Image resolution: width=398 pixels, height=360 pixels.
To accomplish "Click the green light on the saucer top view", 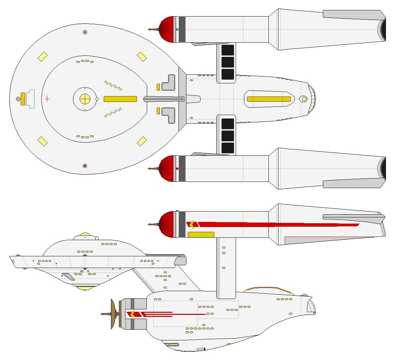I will point(85,32).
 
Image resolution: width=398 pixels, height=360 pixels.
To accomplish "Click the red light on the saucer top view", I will point(85,166).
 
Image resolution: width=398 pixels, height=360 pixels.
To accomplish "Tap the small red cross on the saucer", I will point(47,99).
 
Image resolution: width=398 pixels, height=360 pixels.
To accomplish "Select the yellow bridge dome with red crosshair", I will point(85,99).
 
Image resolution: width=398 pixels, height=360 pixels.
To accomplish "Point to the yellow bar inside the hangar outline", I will point(269,99).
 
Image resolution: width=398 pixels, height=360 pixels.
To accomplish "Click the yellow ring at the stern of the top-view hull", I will point(304,99).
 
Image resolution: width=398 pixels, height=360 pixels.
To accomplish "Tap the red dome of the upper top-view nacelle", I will point(166,30).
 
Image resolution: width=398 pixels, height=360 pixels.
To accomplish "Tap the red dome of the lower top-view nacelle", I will point(166,168).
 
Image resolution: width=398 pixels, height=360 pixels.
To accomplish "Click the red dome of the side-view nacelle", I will point(166,225).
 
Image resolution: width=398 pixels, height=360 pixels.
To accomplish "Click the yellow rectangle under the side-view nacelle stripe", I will point(201,235).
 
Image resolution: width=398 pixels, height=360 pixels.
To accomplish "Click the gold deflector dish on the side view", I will point(113,314).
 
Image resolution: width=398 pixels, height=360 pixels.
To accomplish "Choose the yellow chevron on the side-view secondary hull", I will point(132,314).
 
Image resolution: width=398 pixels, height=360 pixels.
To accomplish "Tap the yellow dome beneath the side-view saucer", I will point(85,288).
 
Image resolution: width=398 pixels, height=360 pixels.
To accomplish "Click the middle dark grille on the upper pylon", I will point(227,62).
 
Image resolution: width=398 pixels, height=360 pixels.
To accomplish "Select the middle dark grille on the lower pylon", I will point(227,136).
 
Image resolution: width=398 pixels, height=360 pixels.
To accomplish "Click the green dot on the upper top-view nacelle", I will point(177,30).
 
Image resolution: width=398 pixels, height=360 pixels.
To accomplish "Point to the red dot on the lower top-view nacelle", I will point(177,168).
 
